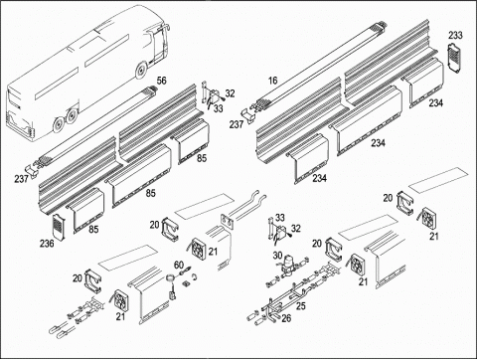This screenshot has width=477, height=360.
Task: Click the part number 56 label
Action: click(x=162, y=81)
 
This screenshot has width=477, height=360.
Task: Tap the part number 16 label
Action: click(x=272, y=81)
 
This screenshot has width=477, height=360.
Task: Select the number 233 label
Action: click(x=456, y=35)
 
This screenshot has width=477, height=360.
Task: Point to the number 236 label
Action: click(x=47, y=244)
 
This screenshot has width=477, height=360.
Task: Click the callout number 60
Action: click(x=179, y=265)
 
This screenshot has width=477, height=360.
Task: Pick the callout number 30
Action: click(x=277, y=256)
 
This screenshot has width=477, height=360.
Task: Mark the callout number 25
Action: click(x=301, y=305)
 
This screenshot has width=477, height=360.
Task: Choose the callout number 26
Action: click(x=286, y=318)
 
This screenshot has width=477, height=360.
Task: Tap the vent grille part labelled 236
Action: click(x=59, y=226)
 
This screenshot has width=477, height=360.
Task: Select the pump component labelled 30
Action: click(x=286, y=265)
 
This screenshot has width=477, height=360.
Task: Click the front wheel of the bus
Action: click(x=141, y=71)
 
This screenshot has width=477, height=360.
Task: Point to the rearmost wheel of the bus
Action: click(x=58, y=124)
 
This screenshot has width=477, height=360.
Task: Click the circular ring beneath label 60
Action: click(x=171, y=278)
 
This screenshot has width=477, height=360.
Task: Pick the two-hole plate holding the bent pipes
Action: click(x=228, y=221)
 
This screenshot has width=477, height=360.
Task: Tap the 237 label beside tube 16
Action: click(x=237, y=124)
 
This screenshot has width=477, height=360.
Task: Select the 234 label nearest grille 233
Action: click(x=436, y=103)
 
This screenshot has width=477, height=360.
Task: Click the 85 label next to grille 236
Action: click(x=93, y=229)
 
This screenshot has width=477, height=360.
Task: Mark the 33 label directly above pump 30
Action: click(x=280, y=218)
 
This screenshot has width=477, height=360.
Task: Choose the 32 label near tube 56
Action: click(x=230, y=93)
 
